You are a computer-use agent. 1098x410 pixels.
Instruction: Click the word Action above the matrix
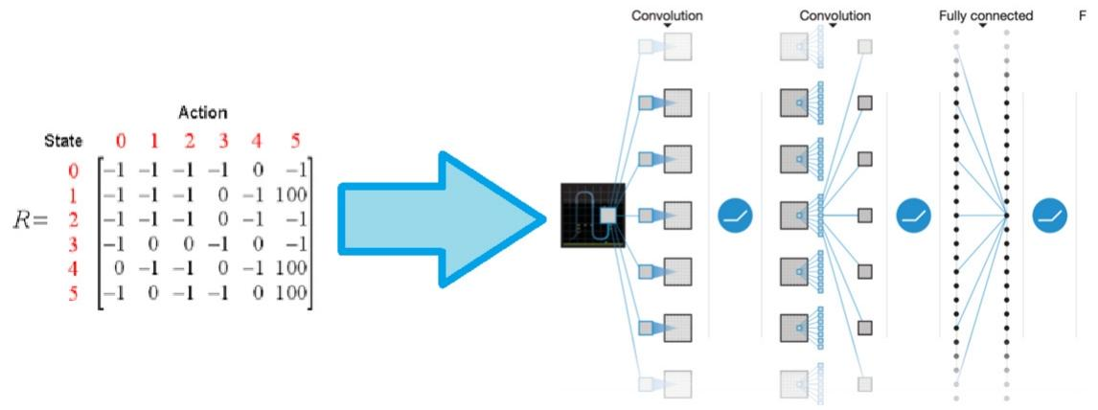[202, 113]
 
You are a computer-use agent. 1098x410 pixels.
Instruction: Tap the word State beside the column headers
[63, 142]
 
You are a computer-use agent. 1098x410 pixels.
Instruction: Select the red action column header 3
[223, 142]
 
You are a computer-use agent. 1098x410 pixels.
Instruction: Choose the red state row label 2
[74, 220]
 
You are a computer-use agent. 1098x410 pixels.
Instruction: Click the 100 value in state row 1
[290, 195]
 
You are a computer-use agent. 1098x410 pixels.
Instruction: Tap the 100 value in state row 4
[290, 270]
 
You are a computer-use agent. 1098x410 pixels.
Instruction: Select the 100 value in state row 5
[290, 294]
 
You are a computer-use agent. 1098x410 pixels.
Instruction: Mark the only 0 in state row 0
[256, 171]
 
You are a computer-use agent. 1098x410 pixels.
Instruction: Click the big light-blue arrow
[440, 217]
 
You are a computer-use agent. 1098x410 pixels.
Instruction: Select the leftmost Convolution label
[667, 16]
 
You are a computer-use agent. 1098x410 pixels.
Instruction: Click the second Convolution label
[835, 16]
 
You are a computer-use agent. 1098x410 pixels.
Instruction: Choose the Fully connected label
[986, 16]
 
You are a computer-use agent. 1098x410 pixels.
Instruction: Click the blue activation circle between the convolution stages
[736, 217]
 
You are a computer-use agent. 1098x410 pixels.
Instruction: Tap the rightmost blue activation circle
[1049, 217]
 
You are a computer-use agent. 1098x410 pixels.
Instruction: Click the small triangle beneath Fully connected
[983, 27]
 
